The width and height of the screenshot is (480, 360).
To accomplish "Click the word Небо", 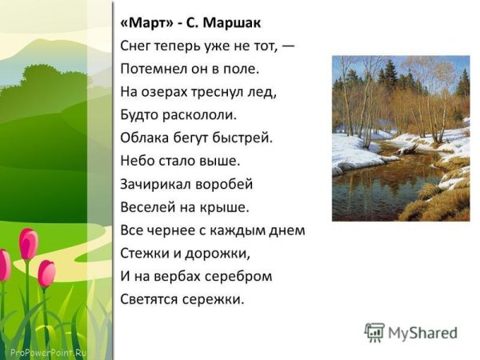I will coord(137,160).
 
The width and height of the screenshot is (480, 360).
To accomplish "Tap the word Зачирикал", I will coord(155,184).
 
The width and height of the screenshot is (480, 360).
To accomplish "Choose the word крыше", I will coord(229,207).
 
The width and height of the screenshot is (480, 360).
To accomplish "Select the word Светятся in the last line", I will coord(150,300).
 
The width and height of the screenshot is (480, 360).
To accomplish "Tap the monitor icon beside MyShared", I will coord(374,332).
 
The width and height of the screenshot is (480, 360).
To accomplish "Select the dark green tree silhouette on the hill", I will coord(48,88).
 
